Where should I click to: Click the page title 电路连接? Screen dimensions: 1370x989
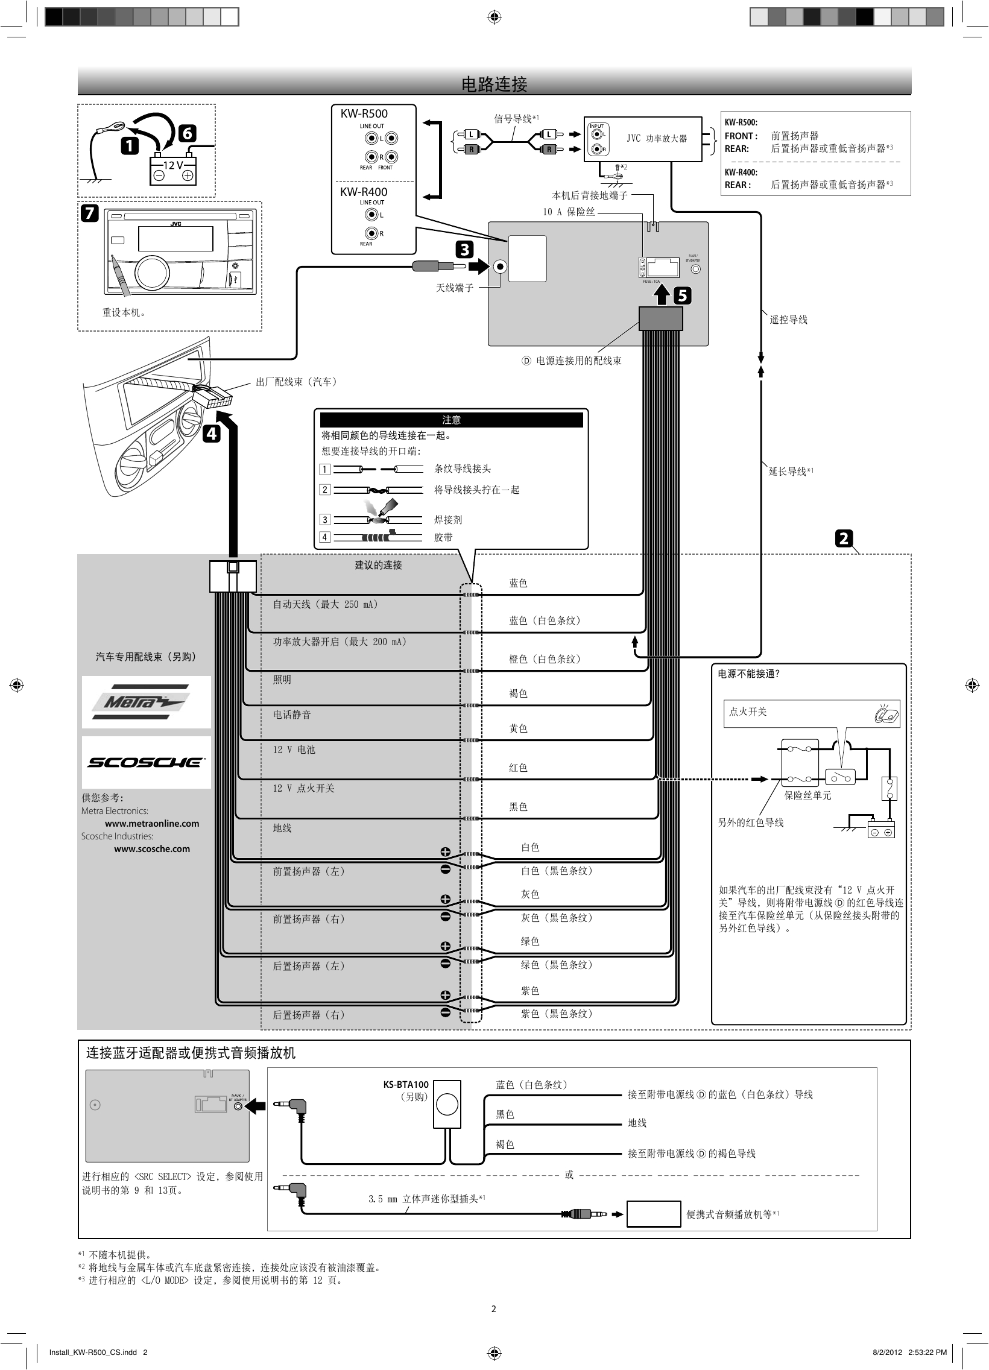click(x=494, y=84)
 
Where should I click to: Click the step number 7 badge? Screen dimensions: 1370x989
click(x=89, y=213)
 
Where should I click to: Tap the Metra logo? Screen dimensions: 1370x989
click(x=146, y=702)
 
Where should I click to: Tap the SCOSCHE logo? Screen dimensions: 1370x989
click(x=146, y=762)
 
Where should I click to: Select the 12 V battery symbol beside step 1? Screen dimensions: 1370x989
click(x=173, y=171)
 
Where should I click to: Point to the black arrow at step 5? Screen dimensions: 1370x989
click(x=663, y=295)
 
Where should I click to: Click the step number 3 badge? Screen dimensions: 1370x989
click(x=464, y=250)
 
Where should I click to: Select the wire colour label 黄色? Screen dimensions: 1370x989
click(x=518, y=728)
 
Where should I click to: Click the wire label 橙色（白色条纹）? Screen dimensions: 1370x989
click(x=545, y=659)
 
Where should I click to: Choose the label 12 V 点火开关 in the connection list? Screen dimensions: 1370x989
click(x=303, y=788)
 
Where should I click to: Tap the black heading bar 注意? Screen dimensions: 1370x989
click(x=451, y=420)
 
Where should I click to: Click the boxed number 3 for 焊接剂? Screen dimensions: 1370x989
click(x=325, y=520)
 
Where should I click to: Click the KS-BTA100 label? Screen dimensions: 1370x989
click(x=405, y=1084)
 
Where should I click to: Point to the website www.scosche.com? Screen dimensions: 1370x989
click(x=151, y=848)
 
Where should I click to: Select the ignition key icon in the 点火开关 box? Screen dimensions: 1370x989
click(x=886, y=715)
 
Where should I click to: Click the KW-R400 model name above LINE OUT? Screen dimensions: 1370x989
click(x=364, y=192)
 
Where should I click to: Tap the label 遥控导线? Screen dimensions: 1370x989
click(x=788, y=320)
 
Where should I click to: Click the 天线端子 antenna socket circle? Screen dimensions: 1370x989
click(x=501, y=267)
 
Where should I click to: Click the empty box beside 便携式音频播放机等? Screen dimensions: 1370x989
click(x=653, y=1214)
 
